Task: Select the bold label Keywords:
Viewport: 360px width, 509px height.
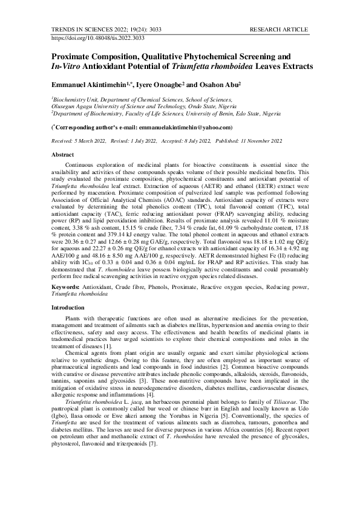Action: pos(65,285)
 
